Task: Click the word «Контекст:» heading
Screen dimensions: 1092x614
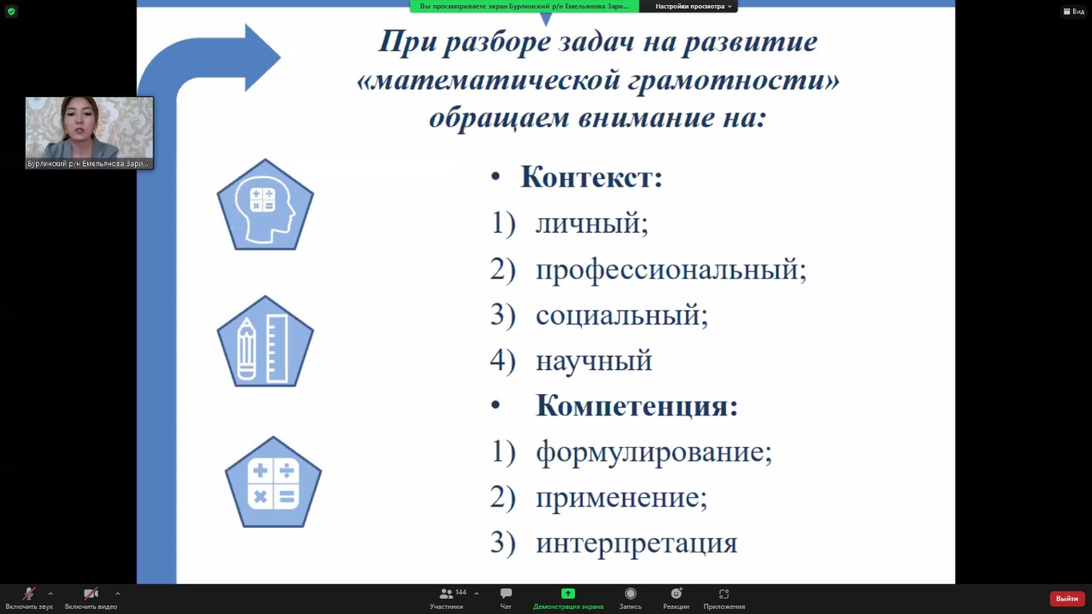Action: pyautogui.click(x=591, y=177)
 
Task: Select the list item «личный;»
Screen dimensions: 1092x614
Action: pyautogui.click(x=592, y=224)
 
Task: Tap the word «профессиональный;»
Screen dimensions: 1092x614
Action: pyautogui.click(x=671, y=269)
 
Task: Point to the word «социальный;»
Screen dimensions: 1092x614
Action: pyautogui.click(x=622, y=315)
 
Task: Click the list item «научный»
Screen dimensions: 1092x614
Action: pyautogui.click(x=594, y=361)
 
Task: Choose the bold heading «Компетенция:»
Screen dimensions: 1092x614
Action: pyautogui.click(x=636, y=405)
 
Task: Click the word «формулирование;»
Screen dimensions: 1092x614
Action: pyautogui.click(x=653, y=452)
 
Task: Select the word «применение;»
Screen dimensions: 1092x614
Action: pyautogui.click(x=622, y=498)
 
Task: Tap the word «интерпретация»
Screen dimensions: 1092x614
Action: pyautogui.click(x=636, y=544)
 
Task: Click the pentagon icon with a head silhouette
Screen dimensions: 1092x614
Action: pyautogui.click(x=265, y=206)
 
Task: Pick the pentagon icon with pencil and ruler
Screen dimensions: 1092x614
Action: pyautogui.click(x=265, y=343)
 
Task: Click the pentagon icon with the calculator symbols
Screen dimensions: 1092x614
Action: pyautogui.click(x=273, y=484)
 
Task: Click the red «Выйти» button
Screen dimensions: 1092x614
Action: pyautogui.click(x=1066, y=599)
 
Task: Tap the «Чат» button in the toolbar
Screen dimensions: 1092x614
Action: pyautogui.click(x=506, y=599)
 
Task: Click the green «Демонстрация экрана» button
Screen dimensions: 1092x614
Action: pyautogui.click(x=568, y=599)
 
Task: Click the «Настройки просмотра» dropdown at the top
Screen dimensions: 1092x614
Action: pyautogui.click(x=693, y=6)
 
